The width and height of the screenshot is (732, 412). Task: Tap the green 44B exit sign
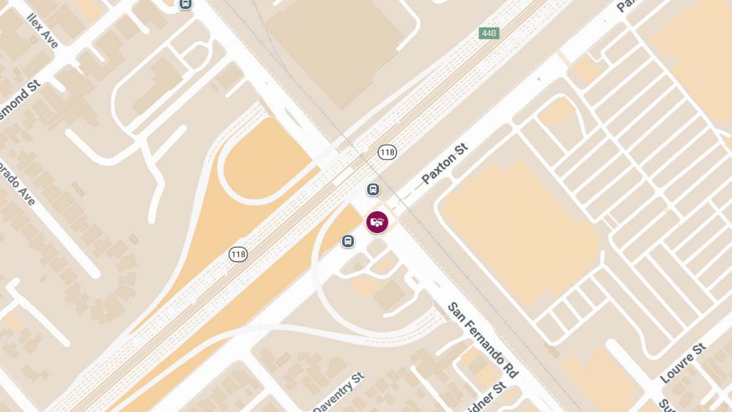[489, 33]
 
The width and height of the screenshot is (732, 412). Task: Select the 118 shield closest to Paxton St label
[387, 152]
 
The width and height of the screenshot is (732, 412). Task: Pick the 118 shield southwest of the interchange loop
[239, 253]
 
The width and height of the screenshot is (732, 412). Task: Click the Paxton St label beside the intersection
[445, 164]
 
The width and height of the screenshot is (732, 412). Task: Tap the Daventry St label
[338, 391]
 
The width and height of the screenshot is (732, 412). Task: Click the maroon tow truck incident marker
[378, 222]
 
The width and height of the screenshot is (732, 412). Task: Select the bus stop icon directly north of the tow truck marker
[373, 189]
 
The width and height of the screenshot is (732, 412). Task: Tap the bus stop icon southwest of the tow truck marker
[348, 241]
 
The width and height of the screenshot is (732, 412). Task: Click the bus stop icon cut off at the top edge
[185, 4]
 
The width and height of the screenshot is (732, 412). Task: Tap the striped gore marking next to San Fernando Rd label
[442, 310]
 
